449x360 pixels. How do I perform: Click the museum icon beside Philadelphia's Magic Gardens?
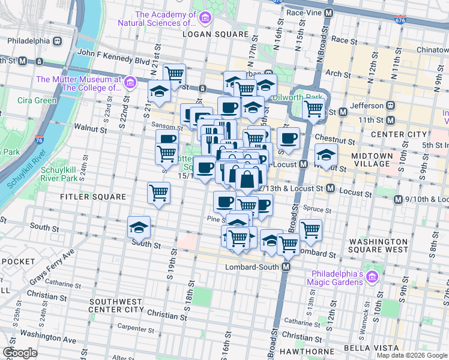(372, 277)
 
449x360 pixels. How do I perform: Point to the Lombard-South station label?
(253, 267)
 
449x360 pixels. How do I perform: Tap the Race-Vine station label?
(304, 12)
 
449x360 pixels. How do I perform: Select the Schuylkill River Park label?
(59, 174)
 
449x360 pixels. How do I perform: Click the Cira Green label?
(37, 100)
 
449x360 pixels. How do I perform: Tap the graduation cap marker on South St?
(139, 227)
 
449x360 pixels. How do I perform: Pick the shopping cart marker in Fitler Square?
(159, 193)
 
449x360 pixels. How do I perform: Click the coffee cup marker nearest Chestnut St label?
(288, 138)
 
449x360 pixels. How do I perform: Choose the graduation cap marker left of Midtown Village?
(326, 154)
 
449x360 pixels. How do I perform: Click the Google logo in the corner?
(20, 353)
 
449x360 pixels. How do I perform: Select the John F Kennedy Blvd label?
(113, 61)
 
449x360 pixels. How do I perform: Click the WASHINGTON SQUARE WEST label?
(379, 245)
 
